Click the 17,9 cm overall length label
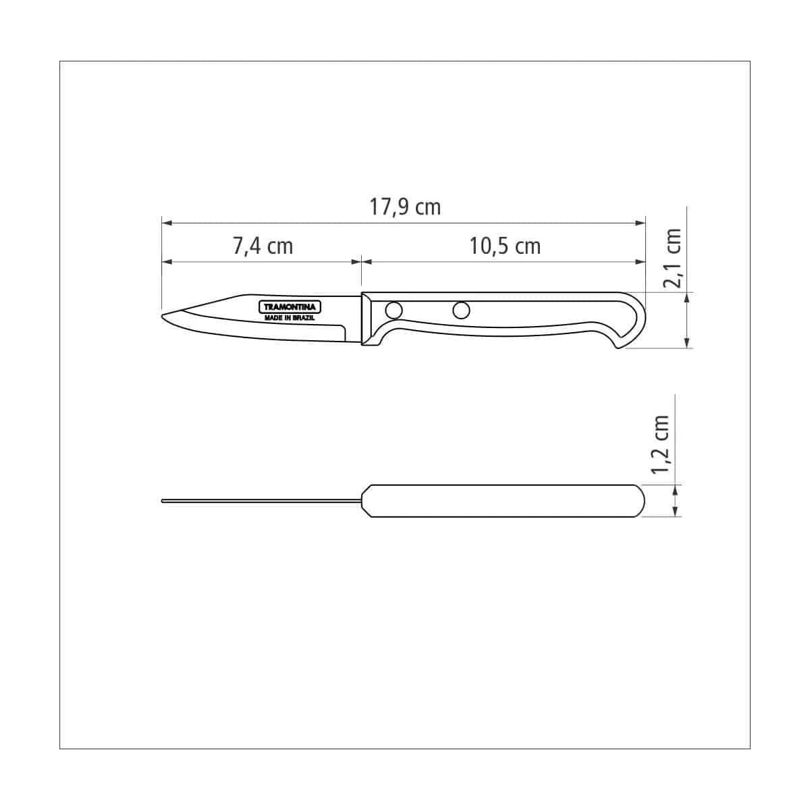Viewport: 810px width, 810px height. [405, 207]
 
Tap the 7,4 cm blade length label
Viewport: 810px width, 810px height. [263, 246]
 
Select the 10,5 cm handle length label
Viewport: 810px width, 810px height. [505, 246]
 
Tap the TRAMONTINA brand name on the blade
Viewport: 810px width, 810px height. [290, 307]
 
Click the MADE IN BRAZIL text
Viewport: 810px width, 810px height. [289, 318]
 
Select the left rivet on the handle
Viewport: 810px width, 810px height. [394, 310]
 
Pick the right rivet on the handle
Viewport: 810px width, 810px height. [461, 310]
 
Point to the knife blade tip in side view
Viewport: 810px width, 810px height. [163, 315]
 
